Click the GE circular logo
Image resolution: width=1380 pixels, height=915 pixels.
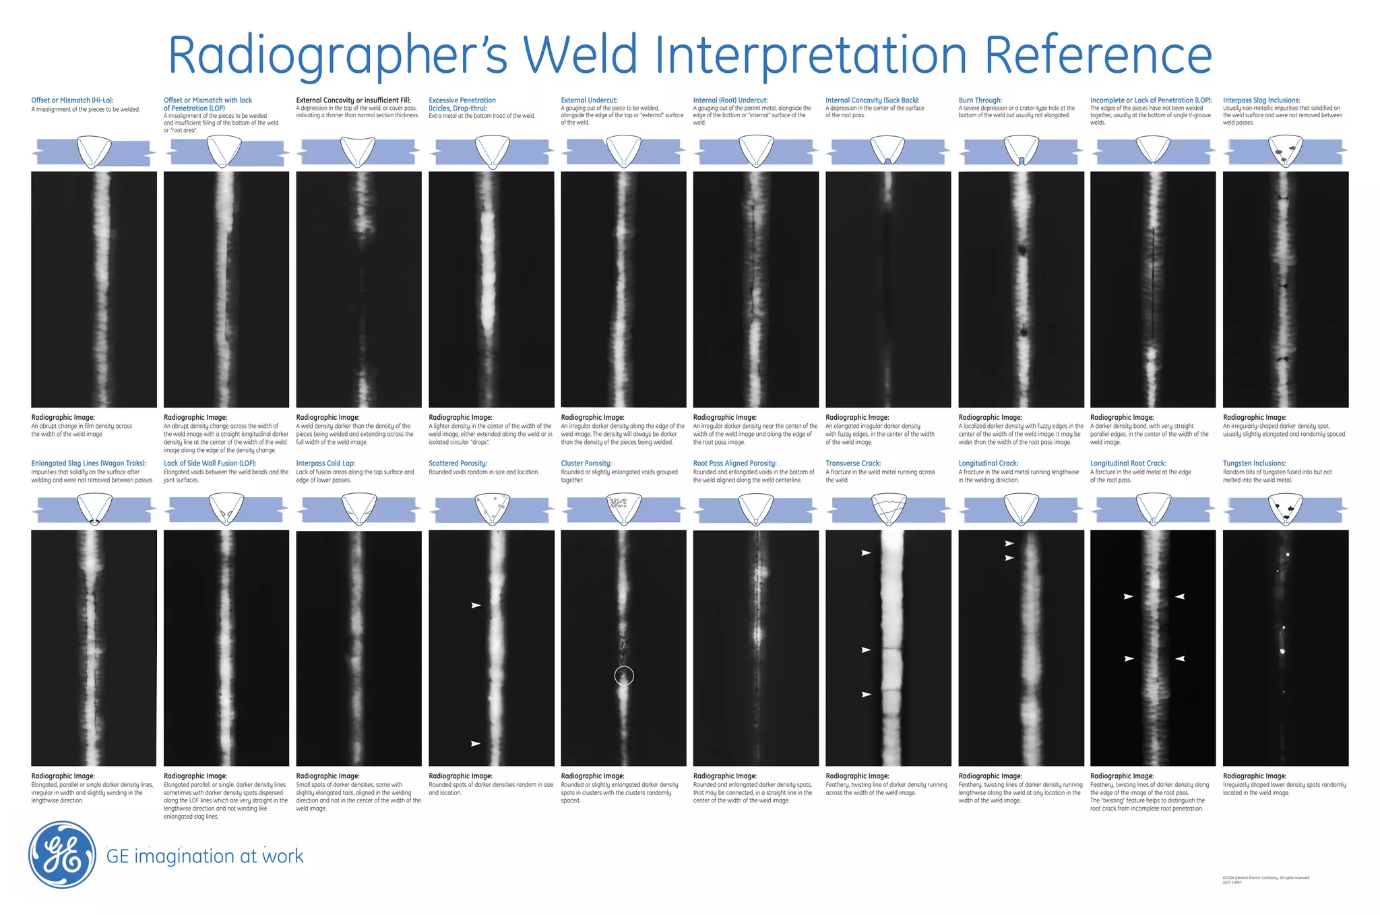63,855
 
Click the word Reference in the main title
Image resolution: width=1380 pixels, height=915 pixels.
1098,55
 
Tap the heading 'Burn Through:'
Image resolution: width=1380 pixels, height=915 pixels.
980,100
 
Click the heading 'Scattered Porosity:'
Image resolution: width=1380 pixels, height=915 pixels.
458,464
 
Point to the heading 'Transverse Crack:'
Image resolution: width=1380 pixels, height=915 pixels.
852,464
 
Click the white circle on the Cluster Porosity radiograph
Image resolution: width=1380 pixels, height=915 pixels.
624,675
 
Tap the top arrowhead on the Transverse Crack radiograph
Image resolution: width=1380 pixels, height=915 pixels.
867,553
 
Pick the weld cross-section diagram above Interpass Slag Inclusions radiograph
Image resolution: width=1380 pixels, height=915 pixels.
1285,152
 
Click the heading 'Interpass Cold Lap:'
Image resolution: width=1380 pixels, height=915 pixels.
325,464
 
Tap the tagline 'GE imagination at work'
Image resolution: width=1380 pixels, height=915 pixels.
205,856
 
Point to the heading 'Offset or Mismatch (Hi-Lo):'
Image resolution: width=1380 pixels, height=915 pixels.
72,100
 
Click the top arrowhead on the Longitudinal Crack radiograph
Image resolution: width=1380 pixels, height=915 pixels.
1009,543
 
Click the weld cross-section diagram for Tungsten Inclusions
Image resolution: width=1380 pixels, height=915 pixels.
1285,510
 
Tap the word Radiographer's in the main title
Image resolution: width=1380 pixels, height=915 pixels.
337,55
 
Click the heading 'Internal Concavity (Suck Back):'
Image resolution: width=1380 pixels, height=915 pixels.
872,100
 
